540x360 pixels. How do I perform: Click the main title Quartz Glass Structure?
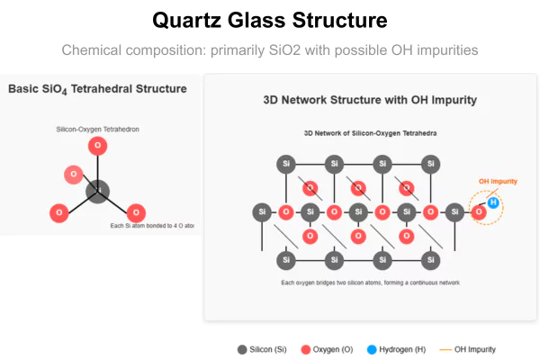coord(269,20)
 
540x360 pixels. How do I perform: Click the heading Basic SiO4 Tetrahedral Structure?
coord(97,89)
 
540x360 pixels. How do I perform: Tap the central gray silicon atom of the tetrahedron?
coord(97,191)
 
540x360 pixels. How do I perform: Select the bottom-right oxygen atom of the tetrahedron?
coord(136,213)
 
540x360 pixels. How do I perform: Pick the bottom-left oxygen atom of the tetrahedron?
coord(59,213)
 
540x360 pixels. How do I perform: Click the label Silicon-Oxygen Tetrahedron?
coord(97,130)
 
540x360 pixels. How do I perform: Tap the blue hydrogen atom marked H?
coord(492,202)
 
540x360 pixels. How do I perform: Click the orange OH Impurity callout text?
coord(498,181)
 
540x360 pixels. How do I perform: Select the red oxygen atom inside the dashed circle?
coord(480,212)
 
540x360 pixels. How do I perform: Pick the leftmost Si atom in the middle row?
coord(262,212)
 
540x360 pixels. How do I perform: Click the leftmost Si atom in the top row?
coord(286,164)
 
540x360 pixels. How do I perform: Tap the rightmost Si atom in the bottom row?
coord(432,260)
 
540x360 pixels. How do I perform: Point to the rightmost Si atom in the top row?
coord(432,164)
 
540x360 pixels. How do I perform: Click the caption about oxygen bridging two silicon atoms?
coord(370,283)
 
